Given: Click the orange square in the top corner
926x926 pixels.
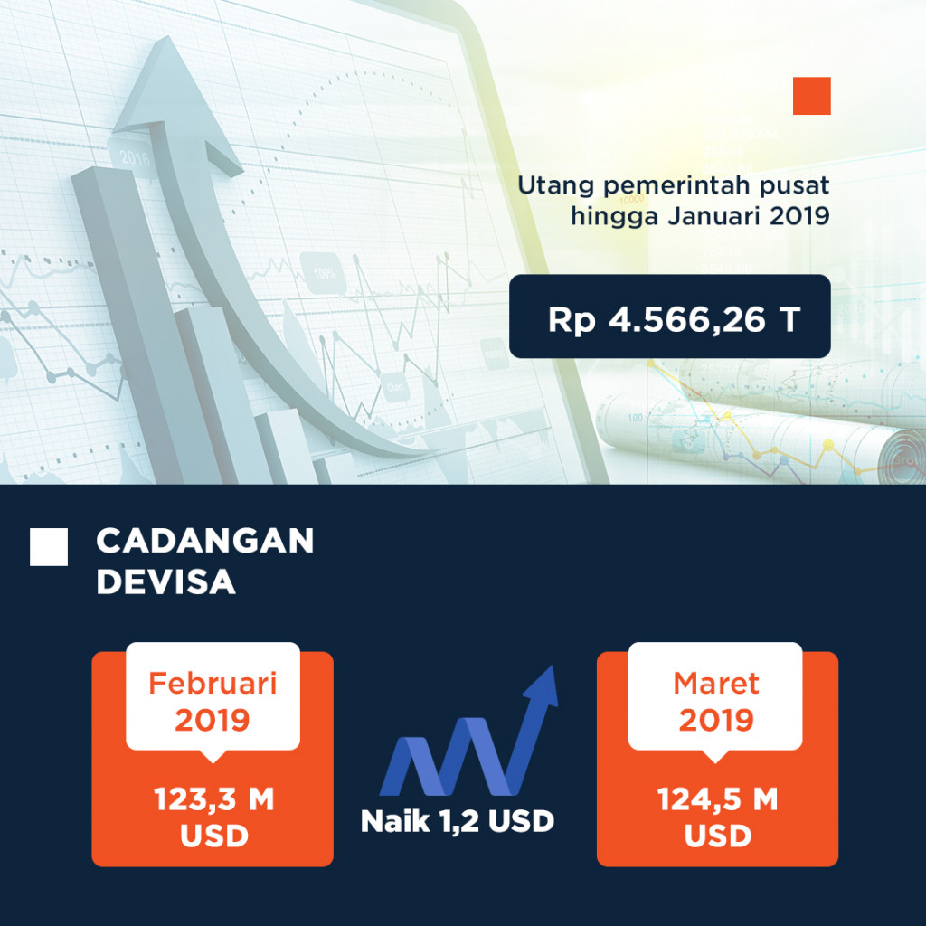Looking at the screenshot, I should click(811, 96).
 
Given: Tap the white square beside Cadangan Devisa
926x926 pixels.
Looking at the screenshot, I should click(49, 547).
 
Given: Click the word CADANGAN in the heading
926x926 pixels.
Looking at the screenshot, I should click(204, 541).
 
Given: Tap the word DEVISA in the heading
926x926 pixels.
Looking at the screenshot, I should click(165, 581).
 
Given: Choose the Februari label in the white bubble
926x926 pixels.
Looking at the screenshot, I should click(213, 683).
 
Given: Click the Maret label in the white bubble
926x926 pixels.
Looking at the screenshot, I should click(716, 682).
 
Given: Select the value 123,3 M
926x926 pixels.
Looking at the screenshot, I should click(213, 800).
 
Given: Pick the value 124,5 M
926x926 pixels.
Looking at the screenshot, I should click(717, 800).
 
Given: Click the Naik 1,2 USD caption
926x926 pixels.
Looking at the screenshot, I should click(457, 821).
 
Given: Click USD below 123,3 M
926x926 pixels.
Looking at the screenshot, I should click(213, 836).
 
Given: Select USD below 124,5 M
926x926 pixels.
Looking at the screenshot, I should click(717, 836).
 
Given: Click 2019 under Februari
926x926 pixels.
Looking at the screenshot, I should click(213, 720).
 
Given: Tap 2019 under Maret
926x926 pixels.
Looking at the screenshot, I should click(716, 720).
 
